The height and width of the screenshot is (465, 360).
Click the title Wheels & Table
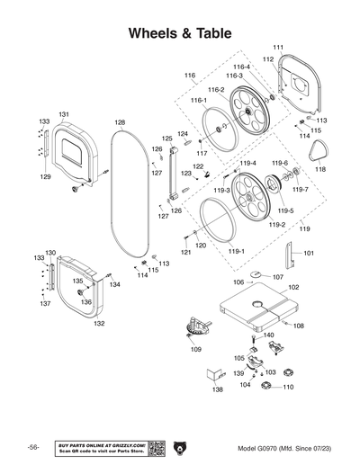pyautogui.click(x=180, y=33)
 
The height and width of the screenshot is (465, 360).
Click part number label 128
pyautogui.click(x=120, y=121)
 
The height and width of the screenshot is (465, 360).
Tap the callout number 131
pyautogui.click(x=64, y=114)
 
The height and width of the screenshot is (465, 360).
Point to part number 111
pyautogui.click(x=278, y=47)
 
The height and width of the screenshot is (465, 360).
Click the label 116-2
pyautogui.click(x=216, y=90)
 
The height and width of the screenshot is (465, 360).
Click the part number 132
pyautogui.click(x=99, y=323)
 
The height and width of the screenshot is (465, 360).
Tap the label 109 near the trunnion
pyautogui.click(x=196, y=349)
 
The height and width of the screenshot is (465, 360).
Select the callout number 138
pyautogui.click(x=217, y=390)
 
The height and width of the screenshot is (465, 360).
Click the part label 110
pyautogui.click(x=288, y=387)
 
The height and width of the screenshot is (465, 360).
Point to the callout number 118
pyautogui.click(x=319, y=169)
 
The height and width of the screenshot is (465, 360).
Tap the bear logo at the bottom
pyautogui.click(x=180, y=447)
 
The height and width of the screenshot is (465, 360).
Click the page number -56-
pyautogui.click(x=32, y=448)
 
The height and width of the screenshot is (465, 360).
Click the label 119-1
pyautogui.click(x=235, y=253)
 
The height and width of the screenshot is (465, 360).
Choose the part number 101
pyautogui.click(x=309, y=254)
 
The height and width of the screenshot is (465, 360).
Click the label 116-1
pyautogui.click(x=198, y=101)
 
